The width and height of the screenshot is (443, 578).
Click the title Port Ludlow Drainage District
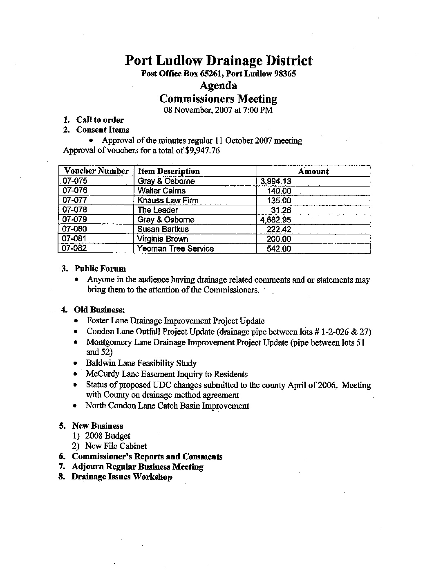[x=218, y=61]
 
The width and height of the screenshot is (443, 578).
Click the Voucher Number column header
[x=96, y=171]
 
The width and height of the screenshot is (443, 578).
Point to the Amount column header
[x=313, y=172]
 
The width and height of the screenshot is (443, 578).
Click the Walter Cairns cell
[x=161, y=191]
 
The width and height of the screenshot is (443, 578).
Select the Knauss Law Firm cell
[x=168, y=200]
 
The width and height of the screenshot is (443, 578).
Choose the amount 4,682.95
[x=276, y=220]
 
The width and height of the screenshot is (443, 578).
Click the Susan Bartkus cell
[x=163, y=229]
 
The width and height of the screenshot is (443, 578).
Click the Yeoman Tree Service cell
[x=176, y=249]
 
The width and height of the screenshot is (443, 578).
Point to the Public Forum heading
[x=100, y=269]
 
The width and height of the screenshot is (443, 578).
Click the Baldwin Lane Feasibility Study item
[x=141, y=363]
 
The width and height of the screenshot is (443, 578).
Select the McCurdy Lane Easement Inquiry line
[x=167, y=374]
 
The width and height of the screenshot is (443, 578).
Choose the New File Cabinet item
[x=116, y=446]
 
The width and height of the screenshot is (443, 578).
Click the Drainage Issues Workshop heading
[x=122, y=477]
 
